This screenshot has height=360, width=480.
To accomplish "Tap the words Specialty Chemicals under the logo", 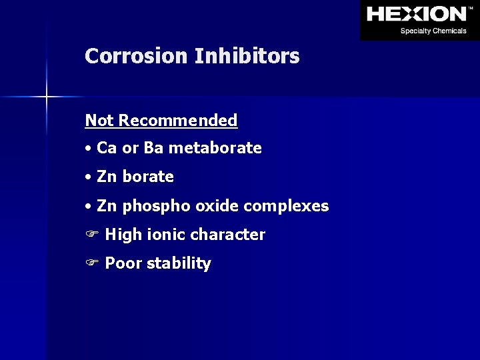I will tap(433, 31).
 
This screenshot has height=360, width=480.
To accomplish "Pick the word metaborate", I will tap(215, 148).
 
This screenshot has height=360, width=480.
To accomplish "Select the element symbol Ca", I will tap(107, 148).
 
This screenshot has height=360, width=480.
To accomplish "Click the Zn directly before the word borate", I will tap(107, 177).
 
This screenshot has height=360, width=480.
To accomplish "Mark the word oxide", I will tap(217, 206).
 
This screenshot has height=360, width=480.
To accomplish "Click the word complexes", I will tap(287, 206).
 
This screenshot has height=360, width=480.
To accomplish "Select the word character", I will tap(228, 235).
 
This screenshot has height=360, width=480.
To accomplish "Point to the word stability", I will tap(179, 264).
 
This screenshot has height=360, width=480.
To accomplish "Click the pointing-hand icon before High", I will tap(91, 235).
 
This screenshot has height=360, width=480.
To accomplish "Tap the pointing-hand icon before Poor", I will tap(91, 264).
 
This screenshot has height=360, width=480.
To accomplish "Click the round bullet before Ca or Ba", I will tap(89, 149).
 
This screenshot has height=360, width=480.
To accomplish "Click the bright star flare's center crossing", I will tap(47, 97).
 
